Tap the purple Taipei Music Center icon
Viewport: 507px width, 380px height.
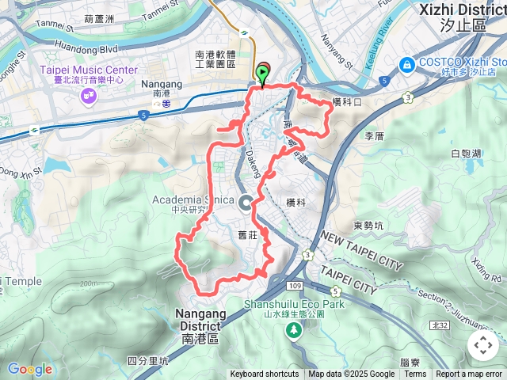coord(88,96)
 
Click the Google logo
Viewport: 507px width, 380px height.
coord(29,369)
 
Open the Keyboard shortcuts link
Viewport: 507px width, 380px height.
coord(265,374)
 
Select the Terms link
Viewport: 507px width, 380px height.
coord(415,374)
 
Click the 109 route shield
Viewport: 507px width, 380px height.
coord(295,283)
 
